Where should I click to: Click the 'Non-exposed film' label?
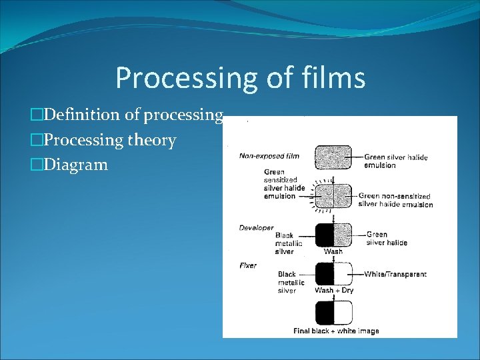269,156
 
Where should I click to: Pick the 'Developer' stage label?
256,228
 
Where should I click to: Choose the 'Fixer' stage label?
248,265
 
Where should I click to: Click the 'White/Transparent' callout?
395,274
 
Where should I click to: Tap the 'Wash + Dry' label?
333,291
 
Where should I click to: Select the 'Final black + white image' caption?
336,331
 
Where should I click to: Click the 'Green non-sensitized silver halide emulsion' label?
395,200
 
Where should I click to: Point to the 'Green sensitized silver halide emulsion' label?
284,184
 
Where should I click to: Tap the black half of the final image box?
324,313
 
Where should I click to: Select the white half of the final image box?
343,313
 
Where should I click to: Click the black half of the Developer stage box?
324,235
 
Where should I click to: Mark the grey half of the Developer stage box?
343,235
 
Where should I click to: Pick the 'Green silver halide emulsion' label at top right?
395,161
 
